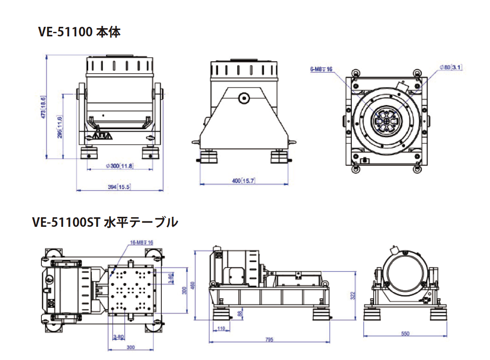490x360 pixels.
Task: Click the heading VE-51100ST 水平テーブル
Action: [105, 222]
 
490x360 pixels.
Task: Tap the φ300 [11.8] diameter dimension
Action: [119, 166]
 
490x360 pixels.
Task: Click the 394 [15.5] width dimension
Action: [119, 186]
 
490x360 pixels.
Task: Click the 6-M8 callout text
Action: [321, 69]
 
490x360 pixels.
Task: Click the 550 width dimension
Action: [405, 333]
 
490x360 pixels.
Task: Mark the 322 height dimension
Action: [353, 296]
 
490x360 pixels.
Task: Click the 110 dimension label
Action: [221, 328]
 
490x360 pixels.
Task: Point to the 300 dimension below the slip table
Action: [131, 347]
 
